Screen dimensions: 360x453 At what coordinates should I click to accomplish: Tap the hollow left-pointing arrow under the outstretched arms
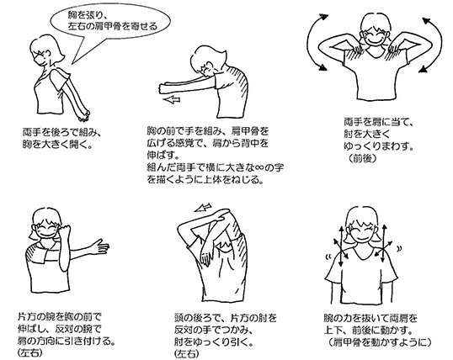click(174, 97)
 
